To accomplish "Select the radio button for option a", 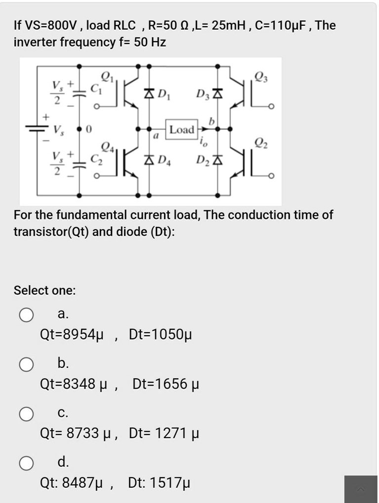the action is [x=26, y=315].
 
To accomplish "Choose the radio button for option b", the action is [x=26, y=365].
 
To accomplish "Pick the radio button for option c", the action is [x=26, y=414].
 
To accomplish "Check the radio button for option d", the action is [x=26, y=463].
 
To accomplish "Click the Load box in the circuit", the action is [x=181, y=130].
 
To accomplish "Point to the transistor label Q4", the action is [x=106, y=146].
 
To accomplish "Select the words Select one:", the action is [x=45, y=290].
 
